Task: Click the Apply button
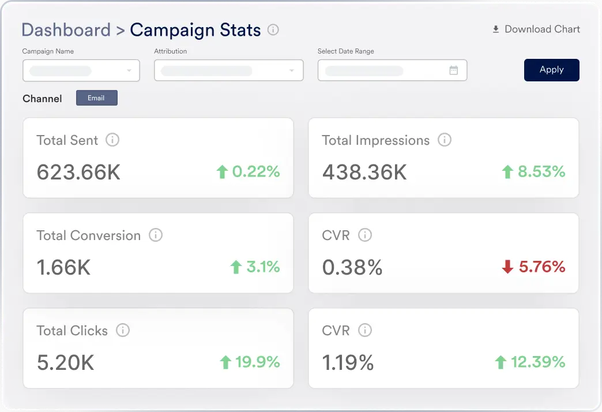click(551, 70)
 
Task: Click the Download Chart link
click(536, 29)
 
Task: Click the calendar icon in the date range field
click(454, 70)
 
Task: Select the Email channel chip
click(96, 98)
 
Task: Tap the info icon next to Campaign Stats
click(273, 29)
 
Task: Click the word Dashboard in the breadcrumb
click(66, 30)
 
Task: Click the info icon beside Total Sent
click(112, 140)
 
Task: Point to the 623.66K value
click(78, 172)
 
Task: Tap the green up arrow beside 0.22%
click(222, 171)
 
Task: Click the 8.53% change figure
click(541, 171)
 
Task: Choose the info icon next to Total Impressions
click(444, 140)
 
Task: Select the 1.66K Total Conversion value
click(63, 267)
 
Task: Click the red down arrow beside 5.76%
click(507, 267)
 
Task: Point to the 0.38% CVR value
click(352, 267)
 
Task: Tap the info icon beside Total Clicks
click(122, 330)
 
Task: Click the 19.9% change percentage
click(257, 362)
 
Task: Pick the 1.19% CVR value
click(348, 362)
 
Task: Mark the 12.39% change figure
click(538, 362)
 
